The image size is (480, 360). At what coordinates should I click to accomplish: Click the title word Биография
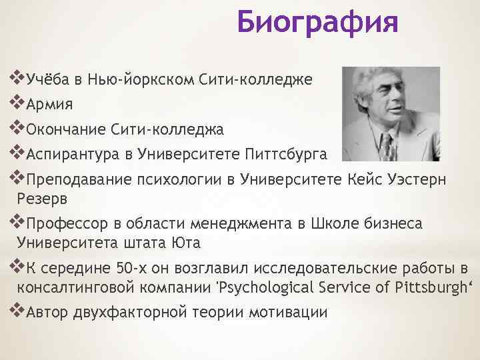pos(317,23)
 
